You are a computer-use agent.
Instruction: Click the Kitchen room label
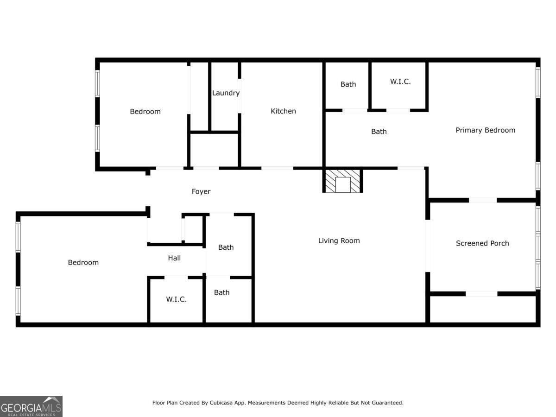click(283, 111)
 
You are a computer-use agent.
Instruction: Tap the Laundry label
click(226, 93)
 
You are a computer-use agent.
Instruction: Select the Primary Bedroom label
click(485, 130)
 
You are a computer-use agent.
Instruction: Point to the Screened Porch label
click(482, 243)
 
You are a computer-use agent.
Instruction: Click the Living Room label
click(339, 240)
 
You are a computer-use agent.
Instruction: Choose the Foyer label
click(201, 191)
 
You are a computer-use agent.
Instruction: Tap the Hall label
click(174, 258)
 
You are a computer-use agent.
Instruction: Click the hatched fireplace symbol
click(342, 181)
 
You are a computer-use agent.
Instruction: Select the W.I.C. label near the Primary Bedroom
click(400, 82)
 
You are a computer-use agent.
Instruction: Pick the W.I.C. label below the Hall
click(176, 299)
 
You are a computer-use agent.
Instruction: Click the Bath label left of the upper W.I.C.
click(348, 84)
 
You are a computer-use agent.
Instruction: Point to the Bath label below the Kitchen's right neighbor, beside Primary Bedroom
click(379, 132)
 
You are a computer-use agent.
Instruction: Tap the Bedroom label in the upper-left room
click(145, 112)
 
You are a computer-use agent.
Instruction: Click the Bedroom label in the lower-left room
click(83, 263)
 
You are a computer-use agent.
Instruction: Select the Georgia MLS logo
click(31, 406)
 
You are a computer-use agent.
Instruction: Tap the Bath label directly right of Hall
click(226, 247)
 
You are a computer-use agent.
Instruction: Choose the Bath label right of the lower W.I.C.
click(221, 293)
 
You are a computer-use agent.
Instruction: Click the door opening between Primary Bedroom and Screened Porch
click(482, 200)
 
